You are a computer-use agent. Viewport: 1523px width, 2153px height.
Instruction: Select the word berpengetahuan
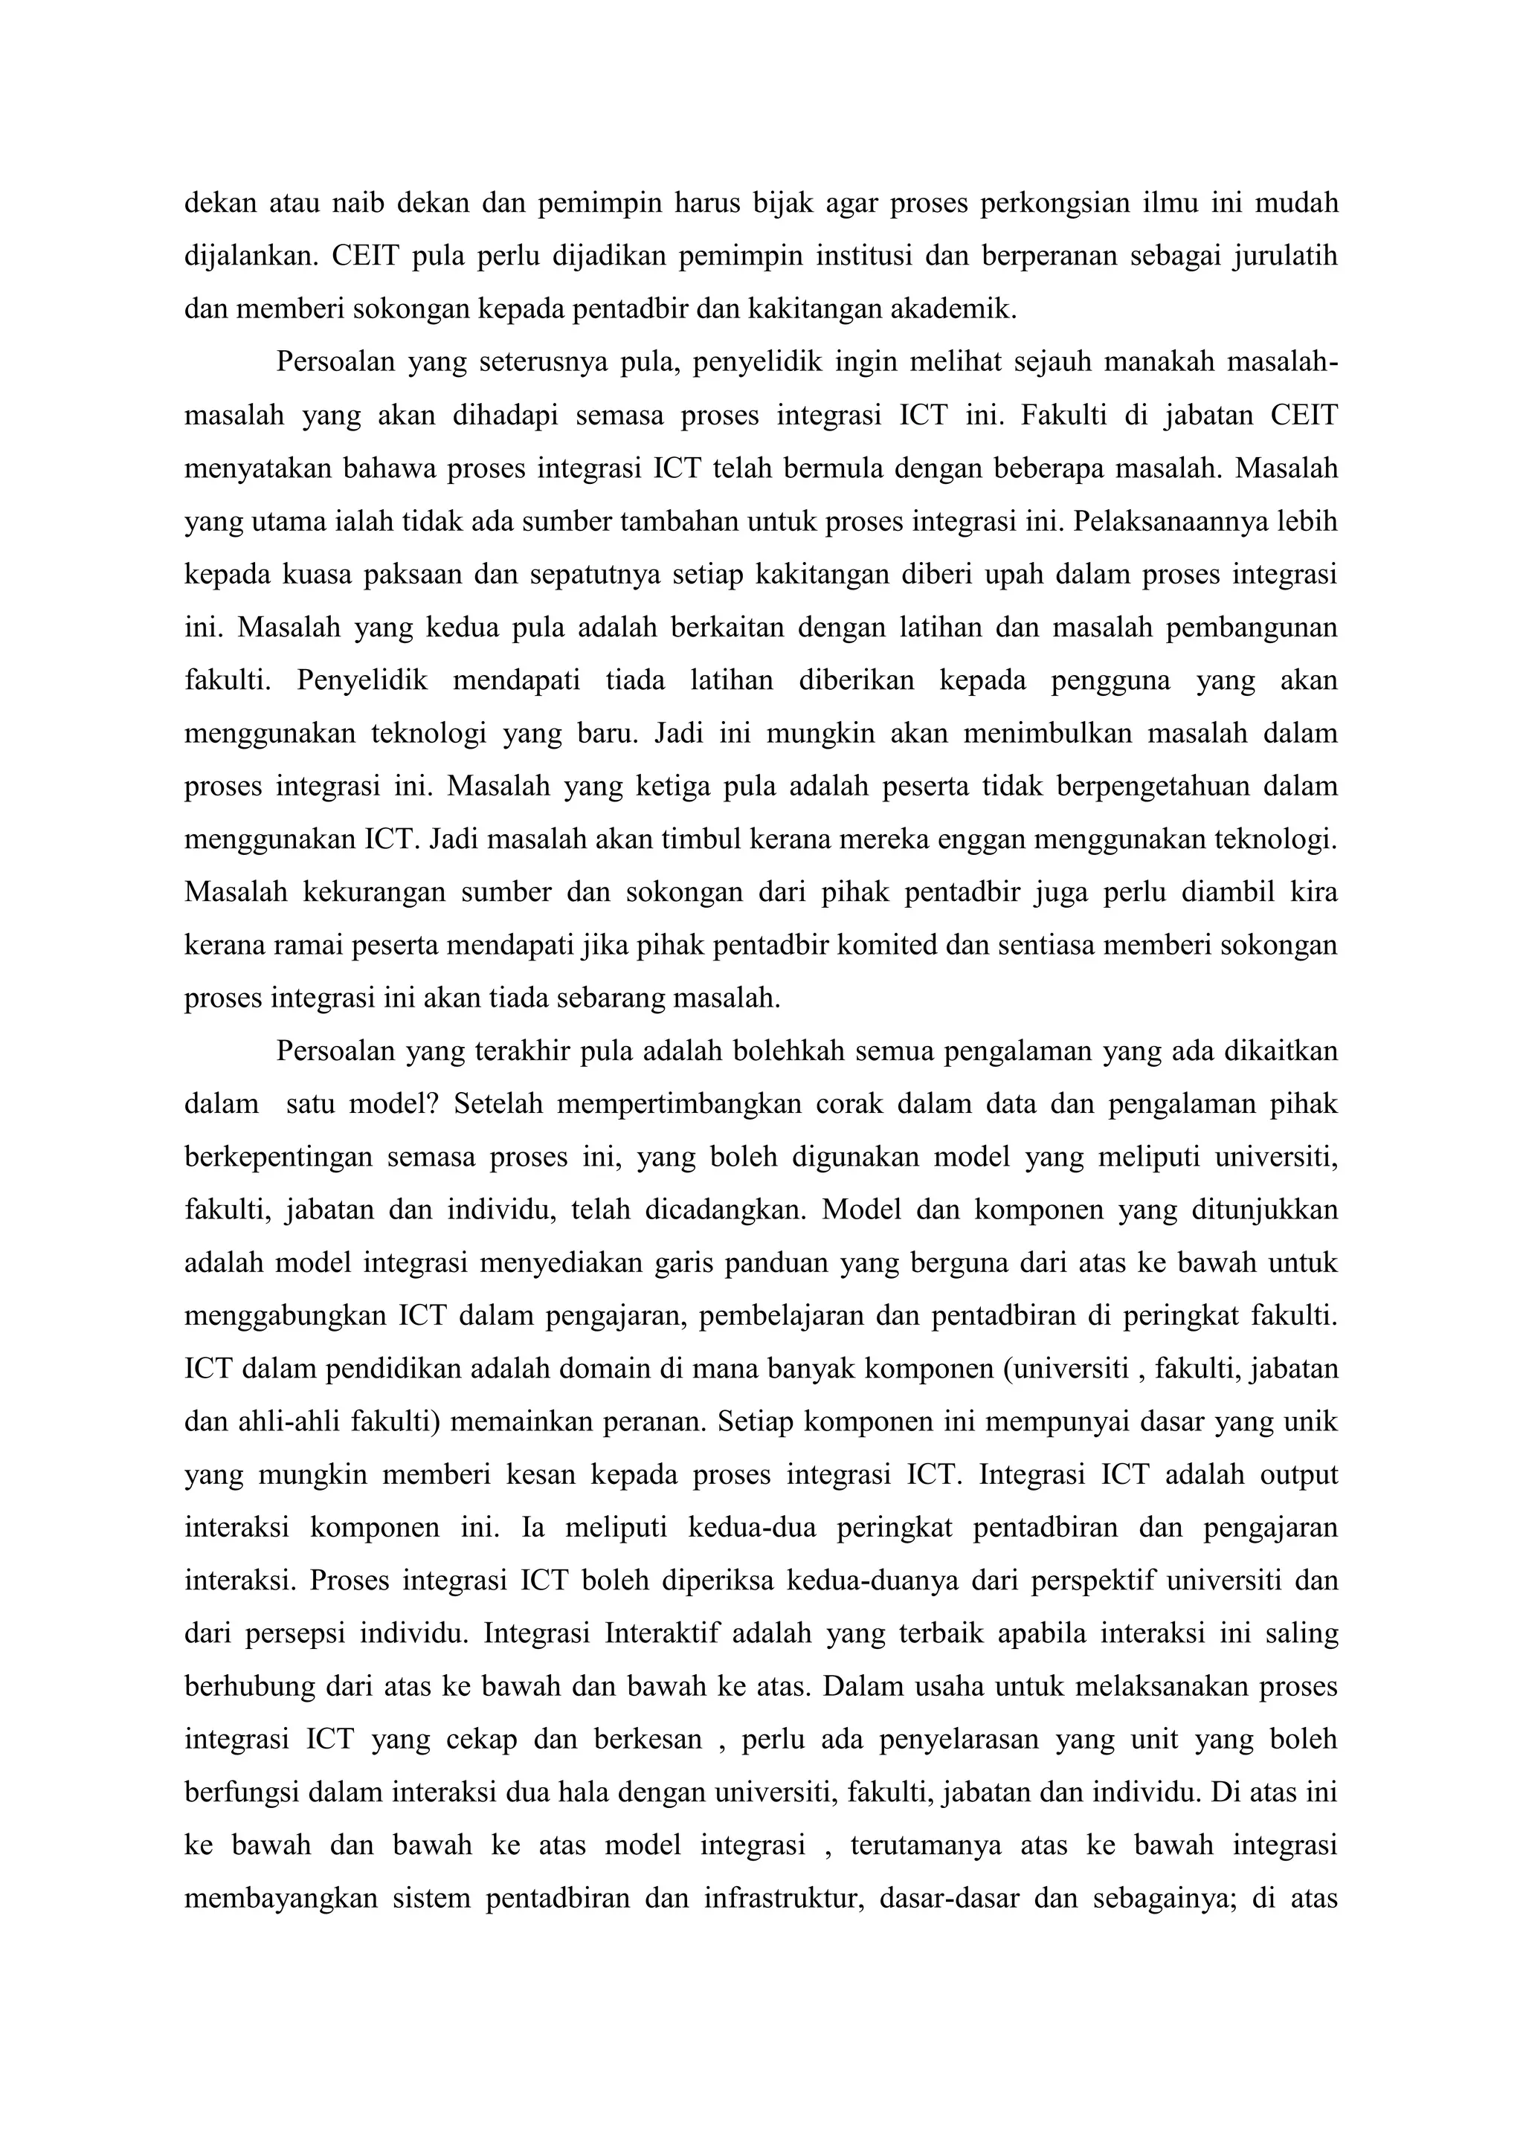click(1149, 786)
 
